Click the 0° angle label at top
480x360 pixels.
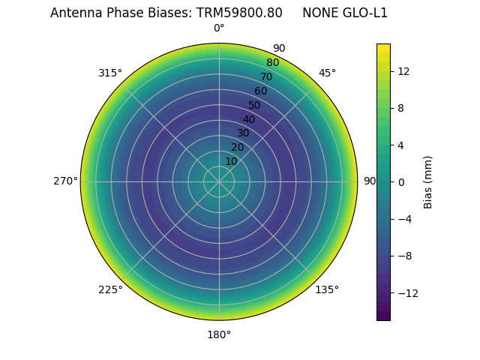pos(219,28)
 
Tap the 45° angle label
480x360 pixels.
pos(327,73)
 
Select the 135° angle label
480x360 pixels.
pos(327,289)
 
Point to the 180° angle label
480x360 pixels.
pos(219,334)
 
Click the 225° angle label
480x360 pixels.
pos(110,289)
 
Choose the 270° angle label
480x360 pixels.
pos(65,181)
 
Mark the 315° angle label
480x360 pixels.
pos(110,73)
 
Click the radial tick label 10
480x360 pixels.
pos(231,161)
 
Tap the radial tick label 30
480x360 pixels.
pos(243,133)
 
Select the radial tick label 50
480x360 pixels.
pos(255,105)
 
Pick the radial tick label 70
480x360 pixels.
pos(266,76)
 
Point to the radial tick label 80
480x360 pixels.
pos(272,63)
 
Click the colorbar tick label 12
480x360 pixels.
pos(403,71)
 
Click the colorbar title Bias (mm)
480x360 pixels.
pos(428,181)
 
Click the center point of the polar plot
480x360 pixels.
pos(219,181)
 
